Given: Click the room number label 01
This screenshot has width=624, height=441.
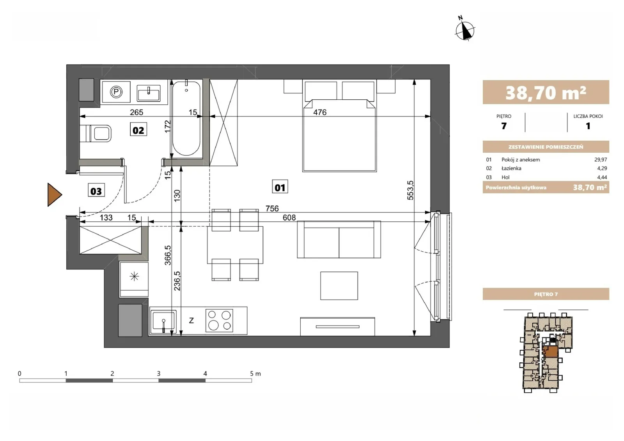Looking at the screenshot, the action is [x=280, y=187].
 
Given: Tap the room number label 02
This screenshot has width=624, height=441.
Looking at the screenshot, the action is [x=138, y=130].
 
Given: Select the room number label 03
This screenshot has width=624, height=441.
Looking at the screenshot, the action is [x=96, y=191].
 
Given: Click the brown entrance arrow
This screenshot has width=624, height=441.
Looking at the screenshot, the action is [x=54, y=195].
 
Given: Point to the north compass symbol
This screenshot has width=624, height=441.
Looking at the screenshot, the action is [x=464, y=29].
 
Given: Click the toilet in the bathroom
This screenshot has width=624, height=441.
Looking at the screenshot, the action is [x=96, y=134].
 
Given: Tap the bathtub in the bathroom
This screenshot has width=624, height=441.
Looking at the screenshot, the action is [x=186, y=118].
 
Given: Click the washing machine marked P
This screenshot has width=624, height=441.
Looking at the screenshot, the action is [x=116, y=92].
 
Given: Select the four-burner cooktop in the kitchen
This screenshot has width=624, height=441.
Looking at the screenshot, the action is [x=219, y=321].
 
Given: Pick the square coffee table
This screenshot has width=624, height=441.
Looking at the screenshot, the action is [x=339, y=286].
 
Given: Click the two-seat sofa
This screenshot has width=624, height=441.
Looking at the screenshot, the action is [x=339, y=239].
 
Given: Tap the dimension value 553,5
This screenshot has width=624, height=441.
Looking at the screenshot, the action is [x=410, y=191].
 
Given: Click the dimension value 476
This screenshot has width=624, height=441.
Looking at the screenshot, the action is [x=320, y=112].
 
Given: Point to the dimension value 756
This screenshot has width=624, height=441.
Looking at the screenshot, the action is [x=272, y=208].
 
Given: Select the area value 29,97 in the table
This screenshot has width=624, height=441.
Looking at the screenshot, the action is [x=601, y=160].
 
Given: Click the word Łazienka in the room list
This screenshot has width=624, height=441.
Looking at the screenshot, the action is [x=511, y=168].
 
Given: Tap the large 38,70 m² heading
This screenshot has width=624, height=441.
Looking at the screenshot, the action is [x=546, y=93].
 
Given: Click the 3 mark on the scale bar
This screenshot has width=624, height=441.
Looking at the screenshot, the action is [x=158, y=373].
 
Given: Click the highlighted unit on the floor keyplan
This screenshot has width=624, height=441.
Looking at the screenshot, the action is [x=551, y=352].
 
